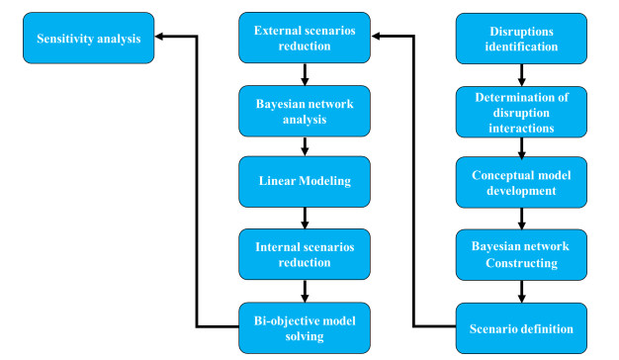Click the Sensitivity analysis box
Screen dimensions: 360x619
pos(88,39)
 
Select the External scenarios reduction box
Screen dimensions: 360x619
pos(305,39)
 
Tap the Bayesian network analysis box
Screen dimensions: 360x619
pos(305,111)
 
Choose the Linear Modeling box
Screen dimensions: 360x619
pos(305,183)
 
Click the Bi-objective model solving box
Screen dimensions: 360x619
pos(305,327)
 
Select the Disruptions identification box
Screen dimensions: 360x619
pos(521,39)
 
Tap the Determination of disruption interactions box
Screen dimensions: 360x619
pos(521,111)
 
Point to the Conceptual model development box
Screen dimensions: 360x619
pos(521,183)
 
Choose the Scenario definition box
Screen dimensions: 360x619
pos(521,327)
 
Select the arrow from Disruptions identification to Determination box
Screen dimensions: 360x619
pos(521,74)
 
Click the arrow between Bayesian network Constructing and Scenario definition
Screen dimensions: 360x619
pos(521,291)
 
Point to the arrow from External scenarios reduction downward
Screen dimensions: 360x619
pos(305,74)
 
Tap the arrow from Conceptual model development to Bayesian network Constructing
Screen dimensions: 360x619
pos(521,219)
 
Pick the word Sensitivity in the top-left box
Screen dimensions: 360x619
pos(65,39)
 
